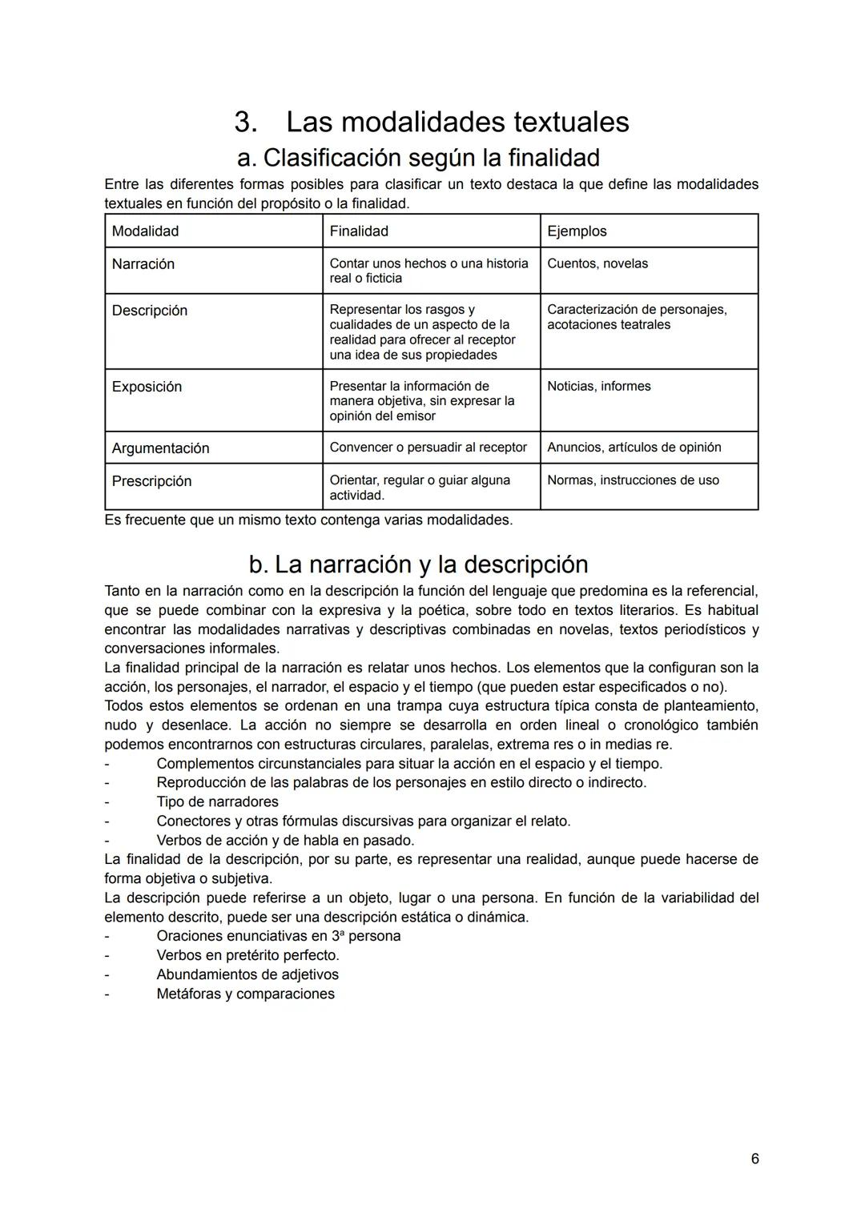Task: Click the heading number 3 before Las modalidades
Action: pyautogui.click(x=245, y=123)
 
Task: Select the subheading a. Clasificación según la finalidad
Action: pyautogui.click(x=419, y=158)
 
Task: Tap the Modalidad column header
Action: pyautogui.click(x=145, y=231)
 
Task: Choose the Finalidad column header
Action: pyautogui.click(x=359, y=231)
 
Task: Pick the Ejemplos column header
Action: pyautogui.click(x=577, y=231)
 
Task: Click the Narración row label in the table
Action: pyautogui.click(x=143, y=264)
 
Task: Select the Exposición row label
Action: pyautogui.click(x=147, y=387)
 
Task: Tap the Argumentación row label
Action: pyautogui.click(x=160, y=448)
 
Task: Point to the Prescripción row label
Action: pyautogui.click(x=151, y=481)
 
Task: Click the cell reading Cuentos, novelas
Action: pyautogui.click(x=597, y=263)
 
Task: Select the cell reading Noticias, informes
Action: pyautogui.click(x=598, y=386)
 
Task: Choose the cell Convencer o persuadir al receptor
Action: pyautogui.click(x=428, y=448)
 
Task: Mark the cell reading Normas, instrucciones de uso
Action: pyautogui.click(x=633, y=480)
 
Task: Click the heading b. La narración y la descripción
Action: pyautogui.click(x=418, y=564)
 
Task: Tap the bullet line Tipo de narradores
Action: pyautogui.click(x=217, y=802)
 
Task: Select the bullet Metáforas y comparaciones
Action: pyautogui.click(x=245, y=994)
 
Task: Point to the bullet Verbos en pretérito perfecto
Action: pyautogui.click(x=247, y=956)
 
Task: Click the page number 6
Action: pyautogui.click(x=754, y=1159)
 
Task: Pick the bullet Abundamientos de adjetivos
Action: pyautogui.click(x=247, y=975)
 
